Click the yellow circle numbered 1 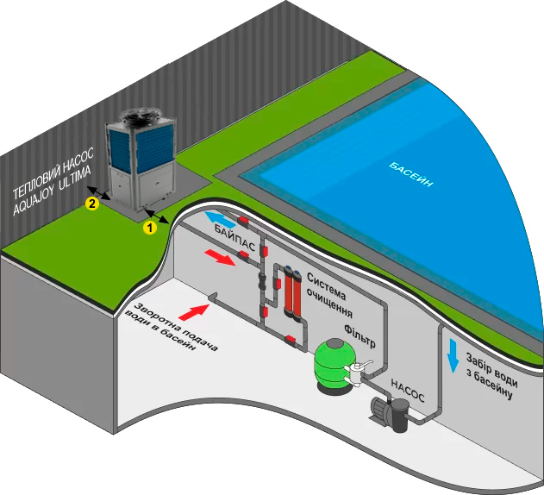click(x=148, y=228)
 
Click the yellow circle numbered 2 click(x=91, y=204)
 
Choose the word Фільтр click(x=359, y=332)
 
